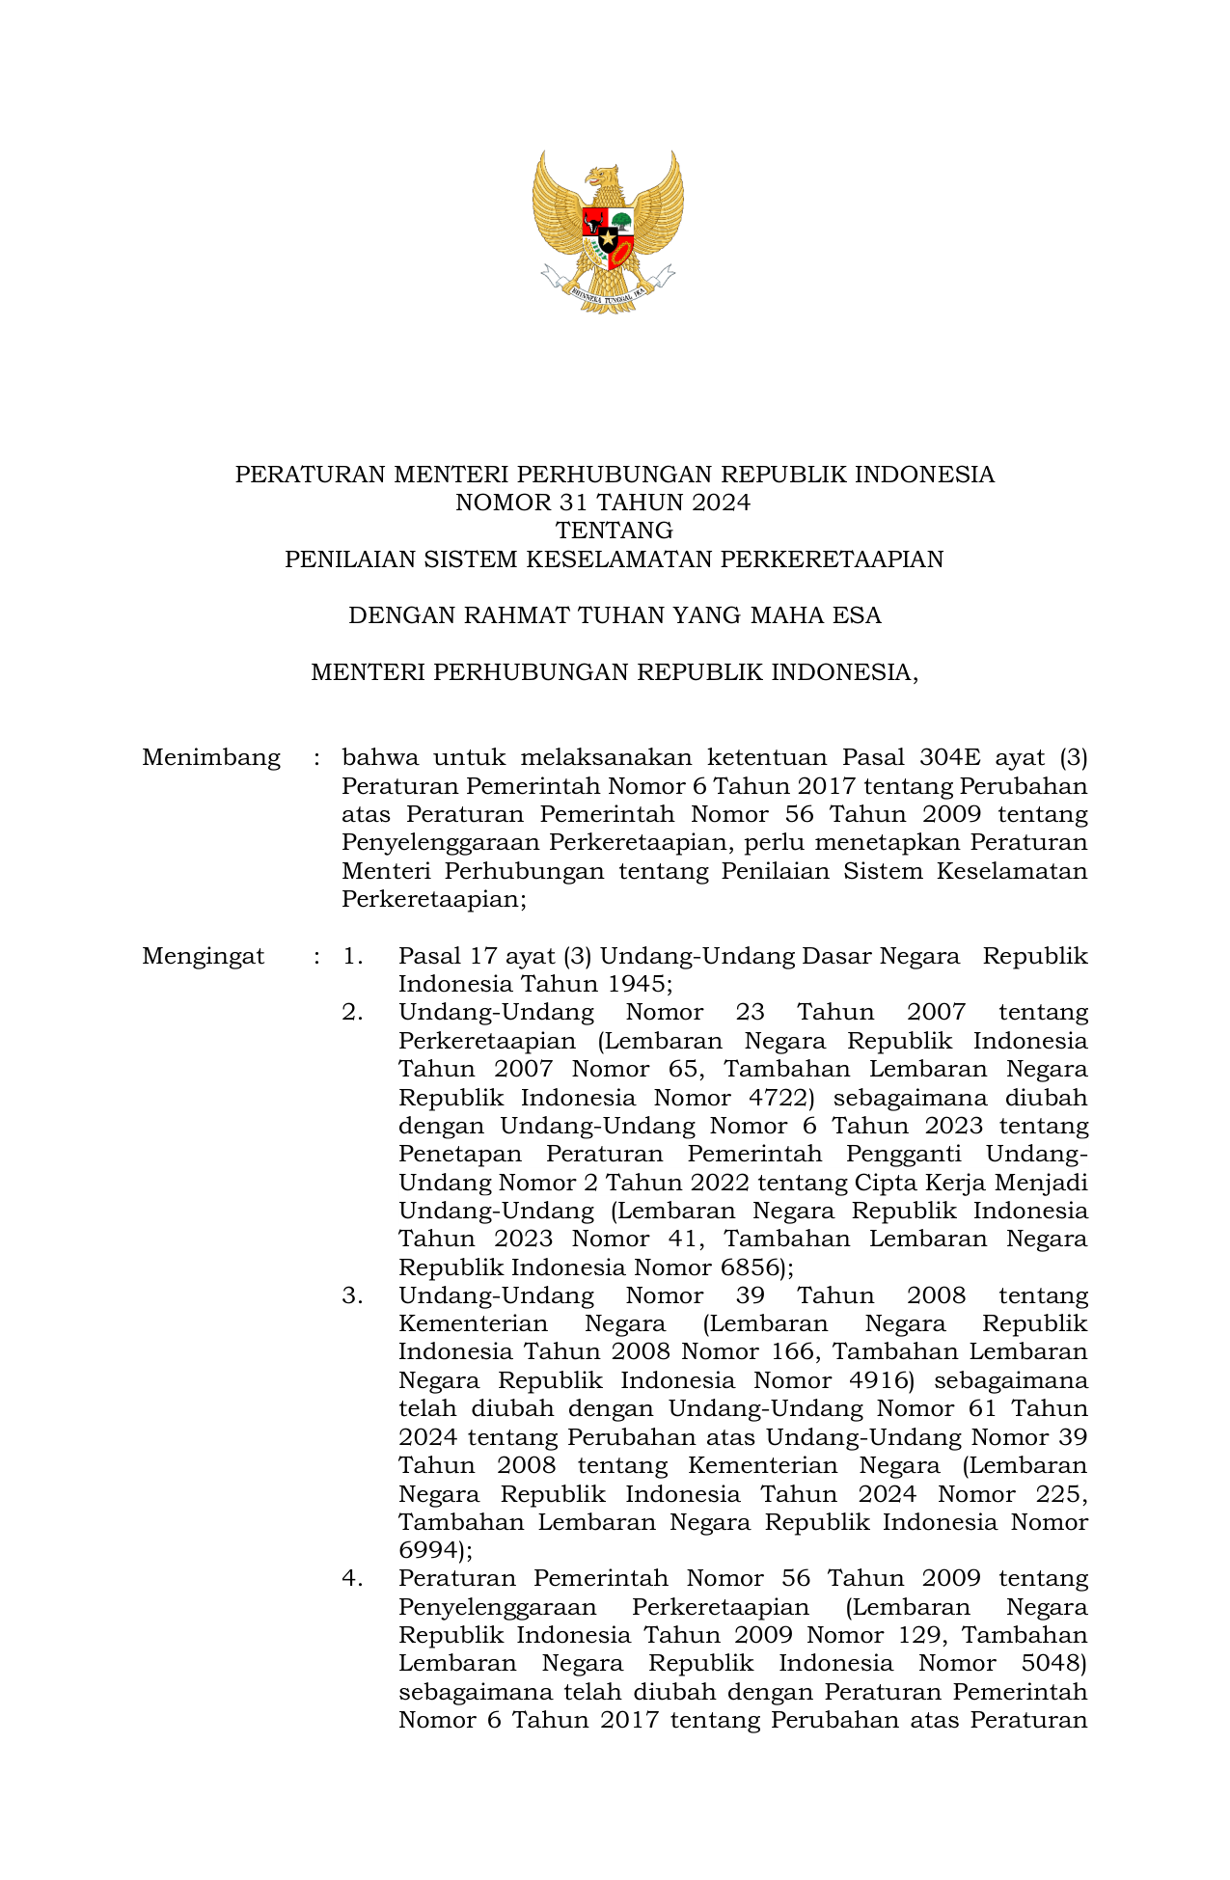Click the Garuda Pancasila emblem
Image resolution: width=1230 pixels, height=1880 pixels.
pos(608,232)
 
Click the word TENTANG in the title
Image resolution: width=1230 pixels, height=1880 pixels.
pos(614,531)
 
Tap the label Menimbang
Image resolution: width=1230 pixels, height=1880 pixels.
pos(211,757)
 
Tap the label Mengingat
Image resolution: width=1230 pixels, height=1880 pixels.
pos(203,956)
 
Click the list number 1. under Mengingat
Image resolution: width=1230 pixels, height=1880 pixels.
pos(352,956)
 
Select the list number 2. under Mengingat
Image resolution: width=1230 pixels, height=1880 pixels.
pos(352,1013)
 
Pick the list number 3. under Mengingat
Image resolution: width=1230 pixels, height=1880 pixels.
pos(352,1295)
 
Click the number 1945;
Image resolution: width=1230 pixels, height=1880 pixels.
pos(629,985)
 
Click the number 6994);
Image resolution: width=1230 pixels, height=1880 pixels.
pos(435,1550)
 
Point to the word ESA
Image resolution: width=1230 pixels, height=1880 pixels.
pos(858,615)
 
